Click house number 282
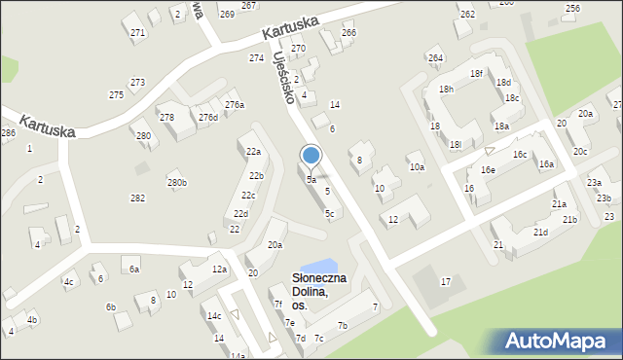137,198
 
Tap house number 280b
176,182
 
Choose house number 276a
235,104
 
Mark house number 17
445,281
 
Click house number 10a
417,167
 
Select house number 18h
446,90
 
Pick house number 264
434,58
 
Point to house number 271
137,33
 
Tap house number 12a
220,270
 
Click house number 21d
540,232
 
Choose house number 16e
488,170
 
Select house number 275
116,94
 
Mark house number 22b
256,176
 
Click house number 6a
134,269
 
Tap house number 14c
214,316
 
